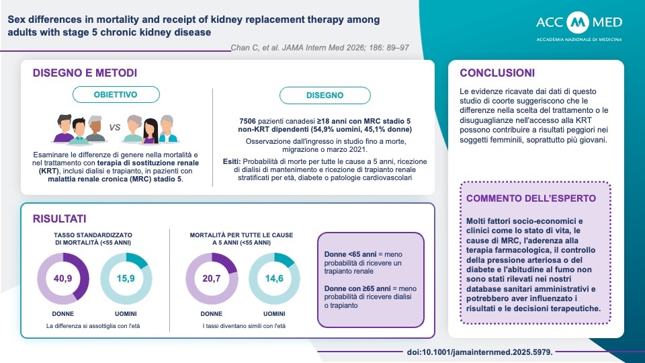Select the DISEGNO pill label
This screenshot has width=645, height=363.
click(x=325, y=95)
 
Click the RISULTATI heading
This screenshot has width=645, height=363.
click(x=59, y=219)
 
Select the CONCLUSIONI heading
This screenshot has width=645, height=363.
click(x=497, y=73)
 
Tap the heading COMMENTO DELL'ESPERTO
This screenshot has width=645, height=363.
click(x=531, y=199)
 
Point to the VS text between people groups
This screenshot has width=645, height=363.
click(x=114, y=126)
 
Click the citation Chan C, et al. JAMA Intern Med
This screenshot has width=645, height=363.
click(x=319, y=48)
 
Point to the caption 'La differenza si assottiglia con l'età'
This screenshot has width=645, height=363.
click(x=93, y=326)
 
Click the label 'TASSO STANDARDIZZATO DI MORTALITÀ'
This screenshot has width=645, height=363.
click(x=93, y=238)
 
